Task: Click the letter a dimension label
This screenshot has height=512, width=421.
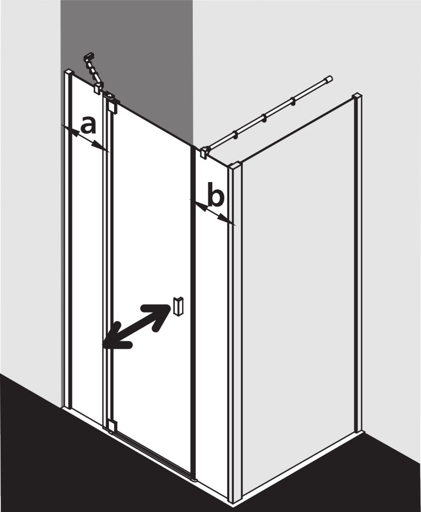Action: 89,126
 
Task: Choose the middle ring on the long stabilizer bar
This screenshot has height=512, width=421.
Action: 263,117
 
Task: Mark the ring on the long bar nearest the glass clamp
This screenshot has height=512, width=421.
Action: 235,135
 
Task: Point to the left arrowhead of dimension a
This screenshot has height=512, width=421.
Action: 73,132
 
